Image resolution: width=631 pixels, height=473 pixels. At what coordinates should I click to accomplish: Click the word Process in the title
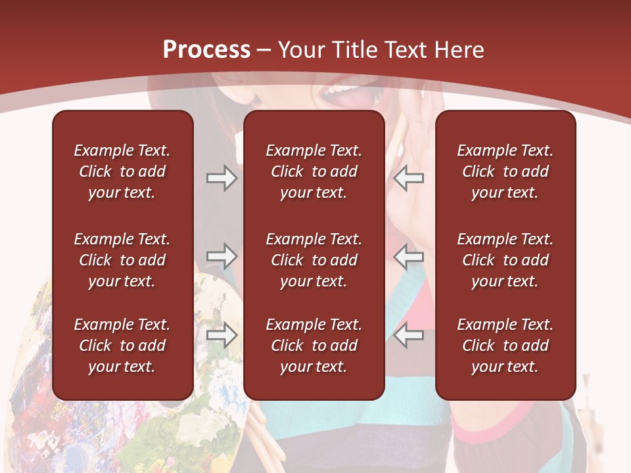[206, 50]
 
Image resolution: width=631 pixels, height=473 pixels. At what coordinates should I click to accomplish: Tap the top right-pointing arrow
[222, 178]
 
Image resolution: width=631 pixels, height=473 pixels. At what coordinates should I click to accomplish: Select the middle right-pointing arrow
[222, 256]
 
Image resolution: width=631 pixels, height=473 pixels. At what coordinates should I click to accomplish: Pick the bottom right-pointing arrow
[222, 335]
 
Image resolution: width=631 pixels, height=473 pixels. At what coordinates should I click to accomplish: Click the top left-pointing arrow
[409, 178]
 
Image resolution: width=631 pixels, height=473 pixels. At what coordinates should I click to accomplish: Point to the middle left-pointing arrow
[409, 256]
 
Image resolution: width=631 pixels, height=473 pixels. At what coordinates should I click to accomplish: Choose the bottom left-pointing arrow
[409, 335]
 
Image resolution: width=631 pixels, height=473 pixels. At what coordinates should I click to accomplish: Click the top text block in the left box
[122, 171]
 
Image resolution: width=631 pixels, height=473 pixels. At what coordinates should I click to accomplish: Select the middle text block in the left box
[122, 260]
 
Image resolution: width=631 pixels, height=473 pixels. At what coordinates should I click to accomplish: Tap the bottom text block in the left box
[122, 346]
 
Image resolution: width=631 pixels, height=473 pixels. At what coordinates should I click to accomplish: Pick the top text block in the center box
[314, 171]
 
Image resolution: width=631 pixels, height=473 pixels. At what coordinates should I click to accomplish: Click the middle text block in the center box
[314, 260]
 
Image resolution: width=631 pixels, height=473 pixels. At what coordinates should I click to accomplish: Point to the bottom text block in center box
[314, 346]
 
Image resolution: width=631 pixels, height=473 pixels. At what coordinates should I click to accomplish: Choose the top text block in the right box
[505, 171]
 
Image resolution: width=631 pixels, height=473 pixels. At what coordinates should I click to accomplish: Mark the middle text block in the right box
[505, 260]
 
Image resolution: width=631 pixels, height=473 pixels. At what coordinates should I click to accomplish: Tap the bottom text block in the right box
[505, 346]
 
